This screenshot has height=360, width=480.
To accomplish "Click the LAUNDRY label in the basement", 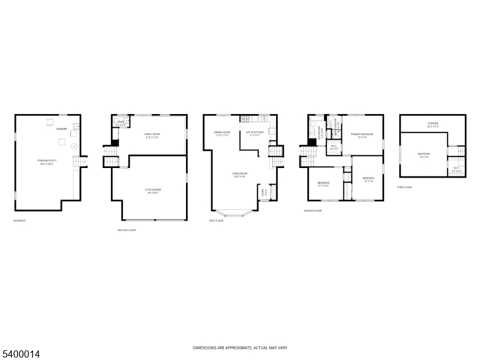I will [x=61, y=129].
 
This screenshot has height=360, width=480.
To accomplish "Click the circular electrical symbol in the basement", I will [x=74, y=146].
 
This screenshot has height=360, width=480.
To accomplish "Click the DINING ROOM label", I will [x=223, y=133].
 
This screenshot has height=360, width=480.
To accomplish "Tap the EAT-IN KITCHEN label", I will [x=254, y=133].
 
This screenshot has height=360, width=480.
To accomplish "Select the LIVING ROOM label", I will [x=241, y=175].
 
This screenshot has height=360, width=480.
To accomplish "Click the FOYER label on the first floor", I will [x=263, y=193].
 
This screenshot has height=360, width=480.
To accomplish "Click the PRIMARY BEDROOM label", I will [x=362, y=135].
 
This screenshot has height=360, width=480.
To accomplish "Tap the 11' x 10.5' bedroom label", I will [x=323, y=184].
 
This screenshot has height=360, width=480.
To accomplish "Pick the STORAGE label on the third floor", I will [x=433, y=124].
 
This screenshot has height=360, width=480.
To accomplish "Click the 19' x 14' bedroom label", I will [x=424, y=155].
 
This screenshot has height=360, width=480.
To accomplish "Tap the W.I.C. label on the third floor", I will [x=456, y=169].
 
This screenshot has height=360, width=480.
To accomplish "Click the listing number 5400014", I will [x=20, y=355].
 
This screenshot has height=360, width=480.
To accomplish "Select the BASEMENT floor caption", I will [x=19, y=221].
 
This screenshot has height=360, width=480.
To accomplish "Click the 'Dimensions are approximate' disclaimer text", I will [x=240, y=348].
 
